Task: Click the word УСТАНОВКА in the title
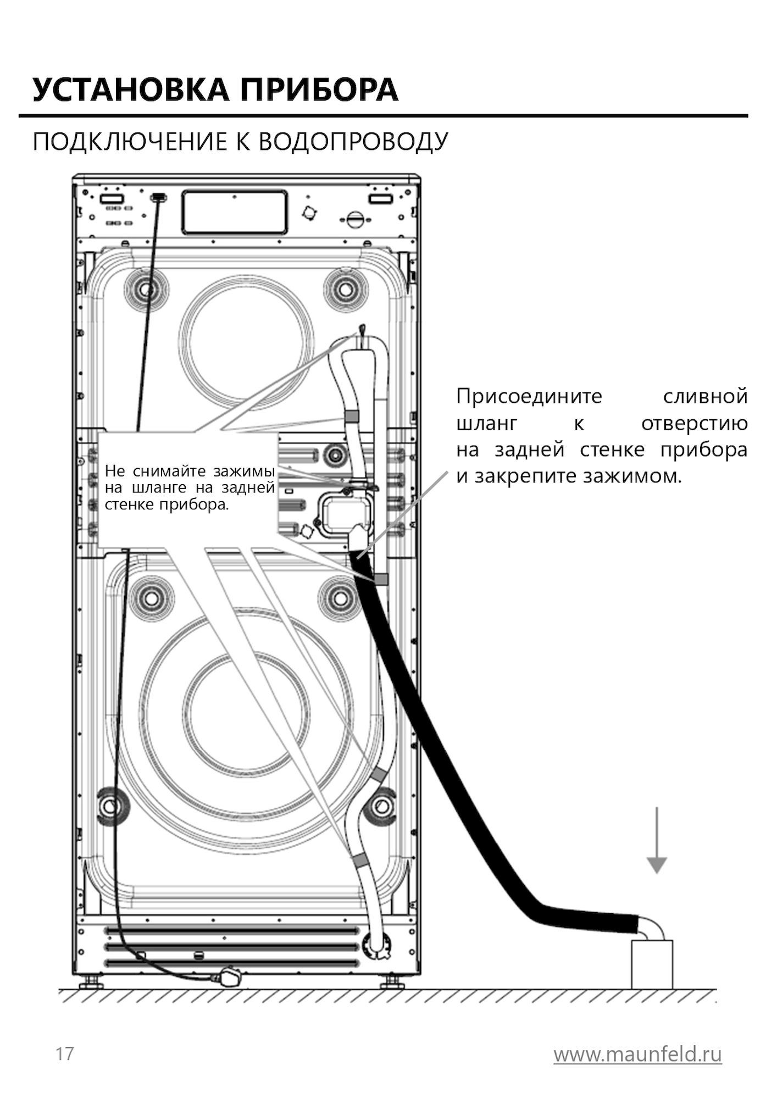click(130, 90)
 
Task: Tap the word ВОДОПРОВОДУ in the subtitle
click(353, 142)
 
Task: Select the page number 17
click(64, 1054)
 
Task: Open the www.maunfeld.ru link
click(637, 1054)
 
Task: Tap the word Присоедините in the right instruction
click(529, 396)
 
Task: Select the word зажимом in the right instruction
click(632, 476)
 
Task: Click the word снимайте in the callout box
click(169, 471)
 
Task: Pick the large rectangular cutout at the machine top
click(235, 212)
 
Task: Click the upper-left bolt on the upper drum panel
click(146, 288)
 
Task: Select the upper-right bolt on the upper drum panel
click(345, 287)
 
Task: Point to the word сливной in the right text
click(705, 396)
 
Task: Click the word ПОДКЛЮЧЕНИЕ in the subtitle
click(130, 142)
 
